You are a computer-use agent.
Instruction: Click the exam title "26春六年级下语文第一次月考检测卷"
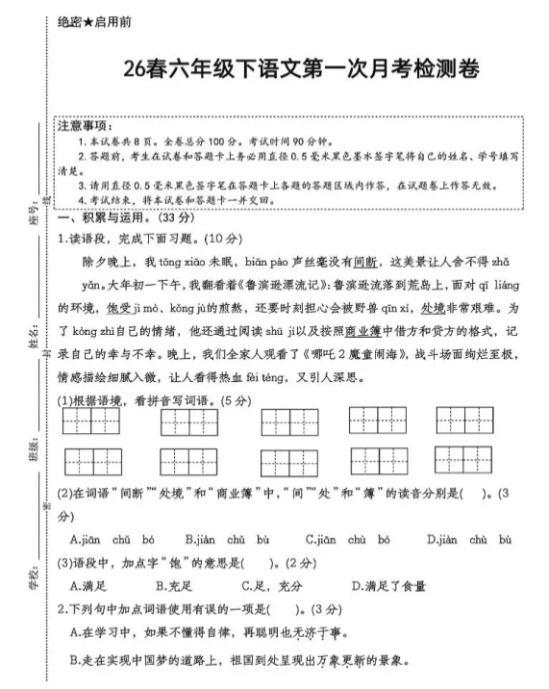(301, 70)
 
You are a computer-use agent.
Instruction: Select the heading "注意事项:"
(86, 126)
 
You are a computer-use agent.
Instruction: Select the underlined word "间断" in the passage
(363, 262)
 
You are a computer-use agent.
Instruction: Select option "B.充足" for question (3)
(174, 584)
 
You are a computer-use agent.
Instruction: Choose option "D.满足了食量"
(391, 584)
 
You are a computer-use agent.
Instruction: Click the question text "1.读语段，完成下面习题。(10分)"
(136, 239)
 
